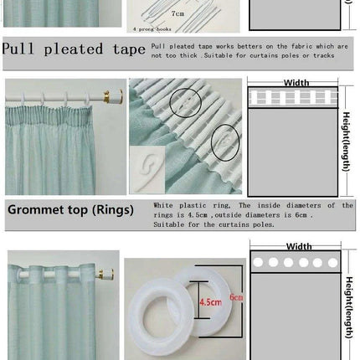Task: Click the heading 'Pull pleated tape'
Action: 73,49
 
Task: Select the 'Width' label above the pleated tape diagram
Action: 296,82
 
